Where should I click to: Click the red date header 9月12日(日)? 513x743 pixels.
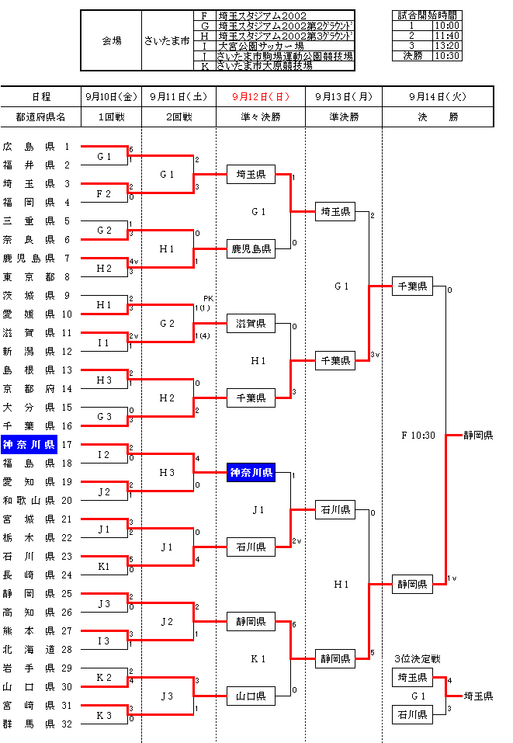click(x=261, y=96)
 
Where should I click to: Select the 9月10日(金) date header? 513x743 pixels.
click(x=110, y=96)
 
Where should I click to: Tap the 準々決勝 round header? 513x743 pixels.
click(x=261, y=116)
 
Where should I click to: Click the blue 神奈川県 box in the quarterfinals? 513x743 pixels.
click(x=251, y=473)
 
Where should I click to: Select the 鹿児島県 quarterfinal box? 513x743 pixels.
click(x=251, y=249)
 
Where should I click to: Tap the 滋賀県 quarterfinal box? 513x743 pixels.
click(x=251, y=323)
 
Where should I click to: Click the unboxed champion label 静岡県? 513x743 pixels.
click(x=478, y=436)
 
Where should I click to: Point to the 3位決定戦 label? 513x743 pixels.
click(x=417, y=659)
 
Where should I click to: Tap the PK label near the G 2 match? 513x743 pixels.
click(x=207, y=298)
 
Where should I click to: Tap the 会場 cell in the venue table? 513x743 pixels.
click(x=111, y=40)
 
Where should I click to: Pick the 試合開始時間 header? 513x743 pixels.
click(x=426, y=16)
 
